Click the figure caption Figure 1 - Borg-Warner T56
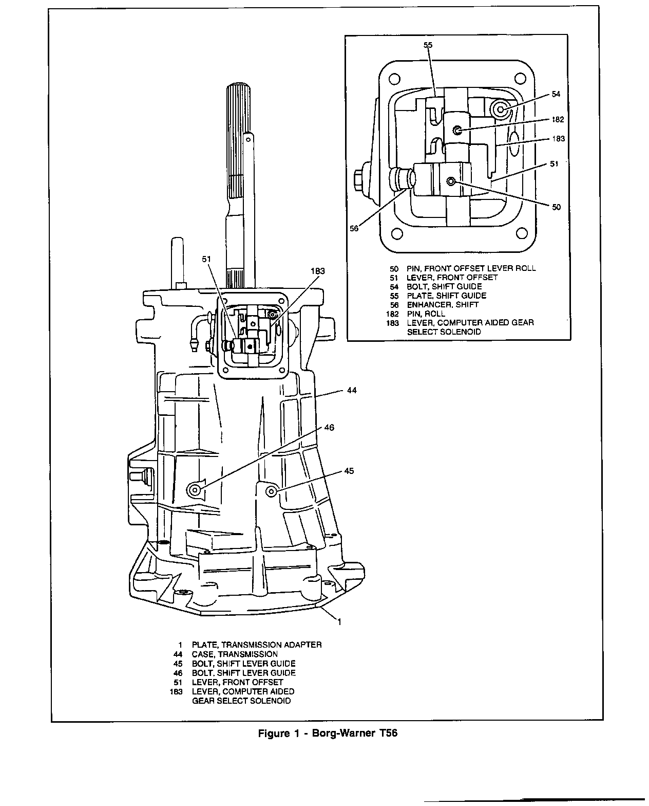327,734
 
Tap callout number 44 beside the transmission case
351,391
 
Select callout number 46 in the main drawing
329,427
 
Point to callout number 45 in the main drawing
349,471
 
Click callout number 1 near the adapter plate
339,621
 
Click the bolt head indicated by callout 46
195,489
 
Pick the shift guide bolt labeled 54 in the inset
500,109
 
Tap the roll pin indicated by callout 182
456,131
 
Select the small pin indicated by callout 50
451,181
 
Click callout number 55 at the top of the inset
428,45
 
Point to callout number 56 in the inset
354,229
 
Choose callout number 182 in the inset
558,119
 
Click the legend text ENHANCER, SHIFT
443,304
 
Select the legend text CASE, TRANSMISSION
235,654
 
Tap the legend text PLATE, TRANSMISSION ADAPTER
257,645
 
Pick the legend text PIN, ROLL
426,314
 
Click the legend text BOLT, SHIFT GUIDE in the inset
444,286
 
